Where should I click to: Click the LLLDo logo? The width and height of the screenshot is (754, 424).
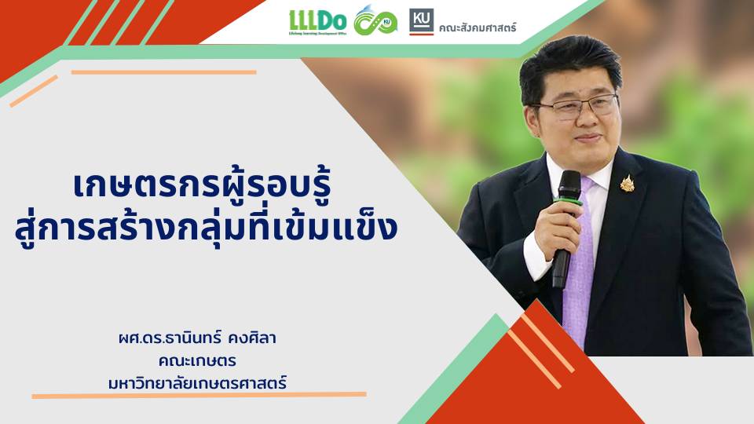(317, 22)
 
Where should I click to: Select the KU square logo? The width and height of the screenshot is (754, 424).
(421, 22)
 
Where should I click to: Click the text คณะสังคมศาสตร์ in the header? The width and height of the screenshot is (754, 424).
(477, 27)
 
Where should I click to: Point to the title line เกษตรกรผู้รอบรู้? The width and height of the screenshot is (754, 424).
(203, 187)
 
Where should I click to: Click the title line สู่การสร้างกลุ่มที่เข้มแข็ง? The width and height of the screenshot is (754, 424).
(207, 228)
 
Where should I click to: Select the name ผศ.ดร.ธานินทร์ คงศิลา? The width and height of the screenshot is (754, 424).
(197, 338)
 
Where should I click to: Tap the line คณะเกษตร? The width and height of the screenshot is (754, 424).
(197, 360)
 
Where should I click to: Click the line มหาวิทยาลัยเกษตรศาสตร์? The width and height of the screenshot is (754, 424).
(197, 383)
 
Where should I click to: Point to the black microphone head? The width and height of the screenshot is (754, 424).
(569, 185)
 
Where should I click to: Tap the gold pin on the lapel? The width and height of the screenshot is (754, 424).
(627, 183)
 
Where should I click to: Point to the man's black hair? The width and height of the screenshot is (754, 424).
(570, 65)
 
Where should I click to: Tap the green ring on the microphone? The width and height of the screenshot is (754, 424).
(567, 200)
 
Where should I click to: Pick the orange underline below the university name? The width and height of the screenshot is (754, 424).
(199, 395)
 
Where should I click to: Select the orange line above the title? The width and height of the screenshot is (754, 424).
(164, 72)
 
